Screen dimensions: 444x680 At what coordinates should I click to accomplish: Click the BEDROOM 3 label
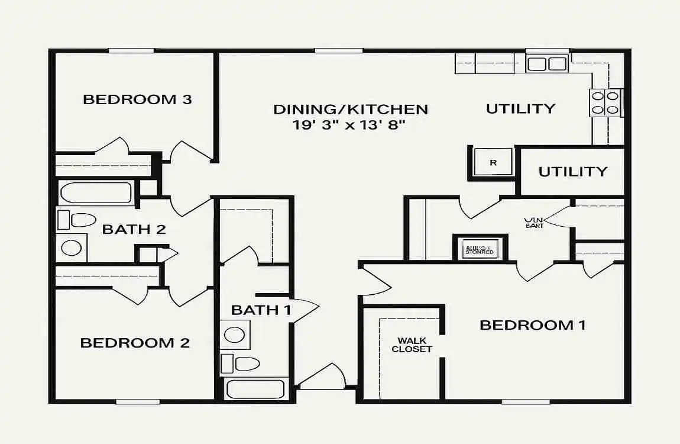[x=137, y=99]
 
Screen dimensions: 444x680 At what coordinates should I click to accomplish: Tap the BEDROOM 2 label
[x=135, y=343]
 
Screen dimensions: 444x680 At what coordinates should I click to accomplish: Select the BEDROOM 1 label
[x=532, y=325]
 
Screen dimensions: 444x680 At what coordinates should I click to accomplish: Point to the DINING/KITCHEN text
[x=351, y=110]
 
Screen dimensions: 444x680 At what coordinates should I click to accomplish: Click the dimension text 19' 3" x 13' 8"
[x=351, y=125]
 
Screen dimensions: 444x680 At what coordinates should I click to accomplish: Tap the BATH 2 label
[x=134, y=229]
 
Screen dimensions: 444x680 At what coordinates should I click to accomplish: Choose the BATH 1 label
[x=261, y=310]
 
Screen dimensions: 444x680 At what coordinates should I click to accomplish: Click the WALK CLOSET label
[x=412, y=345]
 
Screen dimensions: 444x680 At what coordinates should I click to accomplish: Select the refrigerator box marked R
[x=493, y=162]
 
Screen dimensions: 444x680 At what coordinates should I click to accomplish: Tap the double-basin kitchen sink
[x=547, y=63]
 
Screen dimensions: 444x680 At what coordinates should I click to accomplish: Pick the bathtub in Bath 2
[x=96, y=193]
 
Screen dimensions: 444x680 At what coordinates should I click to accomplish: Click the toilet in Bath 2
[x=77, y=220]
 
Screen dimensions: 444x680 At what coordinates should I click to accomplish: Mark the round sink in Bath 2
[x=72, y=247]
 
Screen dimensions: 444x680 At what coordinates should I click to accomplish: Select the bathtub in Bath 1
[x=255, y=389]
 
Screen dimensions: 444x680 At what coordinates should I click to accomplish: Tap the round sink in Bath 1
[x=235, y=335]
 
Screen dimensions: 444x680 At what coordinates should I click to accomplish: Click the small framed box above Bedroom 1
[x=481, y=247]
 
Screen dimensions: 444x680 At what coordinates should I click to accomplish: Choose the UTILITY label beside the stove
[x=520, y=108]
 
